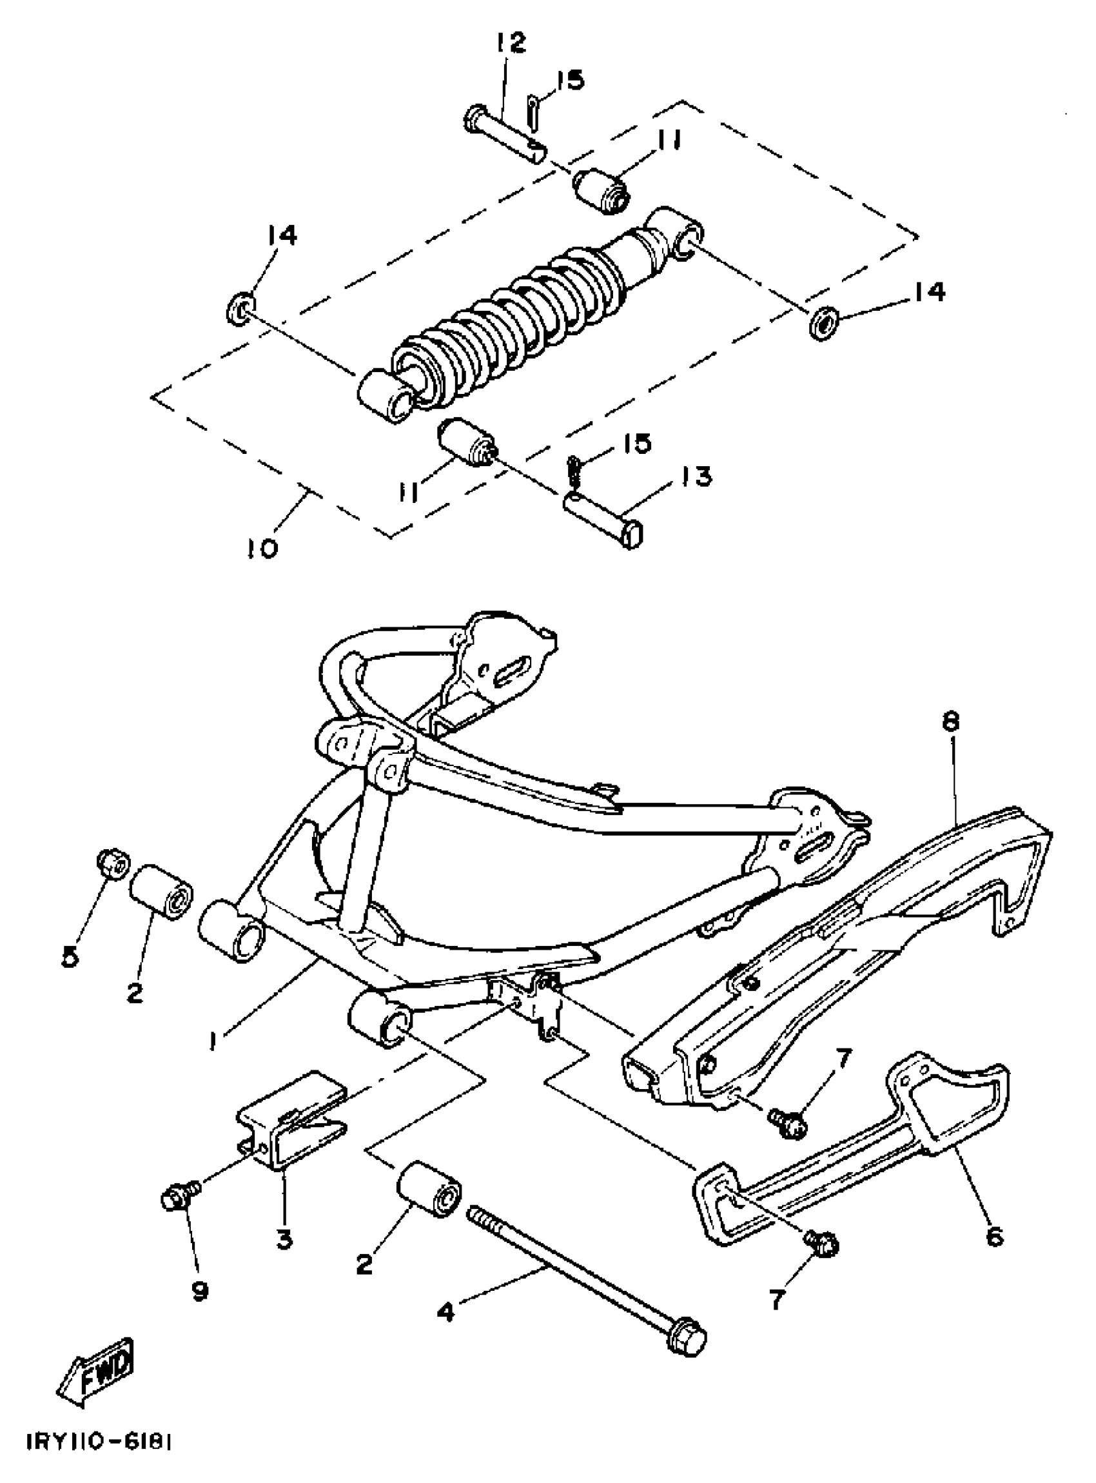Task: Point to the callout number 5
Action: pos(70,956)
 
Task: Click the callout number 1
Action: pos(212,1042)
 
